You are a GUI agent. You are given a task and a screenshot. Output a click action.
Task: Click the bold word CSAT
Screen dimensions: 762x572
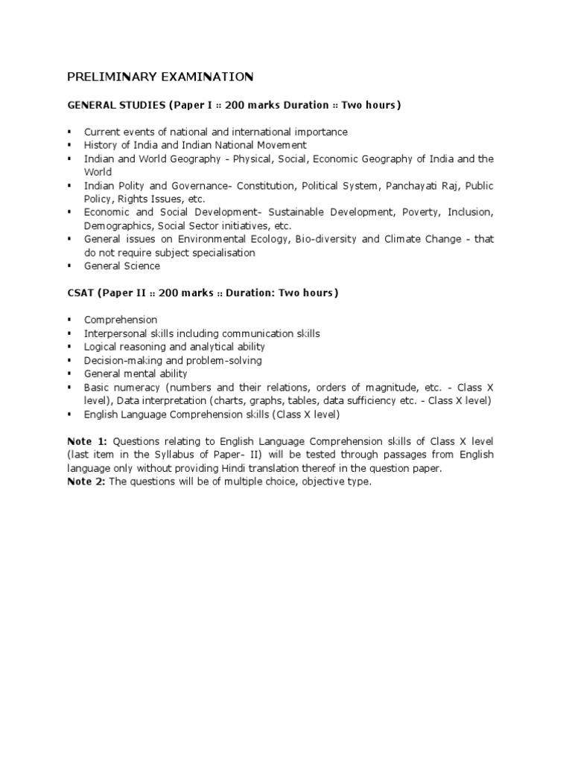(x=80, y=292)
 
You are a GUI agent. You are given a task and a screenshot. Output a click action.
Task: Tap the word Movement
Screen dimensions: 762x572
(x=278, y=145)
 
